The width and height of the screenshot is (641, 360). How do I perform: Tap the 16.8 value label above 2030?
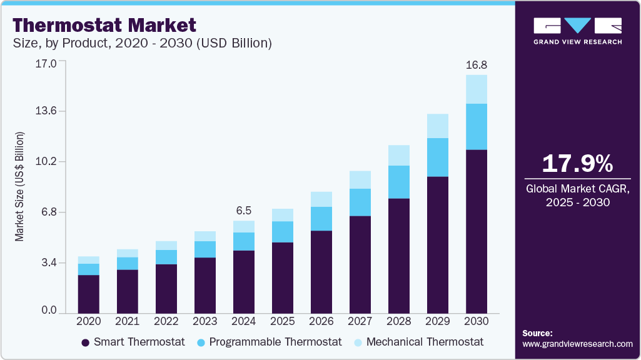tap(477, 65)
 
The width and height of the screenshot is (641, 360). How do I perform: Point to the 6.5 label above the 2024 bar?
tap(243, 210)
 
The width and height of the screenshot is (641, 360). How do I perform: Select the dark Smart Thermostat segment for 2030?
tap(477, 231)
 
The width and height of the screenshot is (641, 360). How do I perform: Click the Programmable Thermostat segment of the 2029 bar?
tap(438, 157)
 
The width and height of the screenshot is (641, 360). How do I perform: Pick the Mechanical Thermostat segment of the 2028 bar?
tap(399, 155)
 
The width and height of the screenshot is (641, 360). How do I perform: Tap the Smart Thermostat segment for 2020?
tap(89, 294)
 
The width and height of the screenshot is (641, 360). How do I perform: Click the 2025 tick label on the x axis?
tap(282, 321)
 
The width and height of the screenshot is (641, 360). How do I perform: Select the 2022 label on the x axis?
tap(166, 321)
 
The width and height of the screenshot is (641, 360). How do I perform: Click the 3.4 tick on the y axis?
tap(48, 262)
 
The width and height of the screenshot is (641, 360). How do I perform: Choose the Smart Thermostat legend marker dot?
tap(85, 342)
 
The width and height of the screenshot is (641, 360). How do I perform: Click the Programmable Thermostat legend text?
tap(275, 342)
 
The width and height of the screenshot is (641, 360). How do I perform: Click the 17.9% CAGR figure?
tap(577, 164)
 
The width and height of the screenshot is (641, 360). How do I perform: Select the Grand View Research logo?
tap(577, 31)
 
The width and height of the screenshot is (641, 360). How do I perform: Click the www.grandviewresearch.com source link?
tap(577, 344)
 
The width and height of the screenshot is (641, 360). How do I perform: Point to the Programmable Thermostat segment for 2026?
tap(321, 219)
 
